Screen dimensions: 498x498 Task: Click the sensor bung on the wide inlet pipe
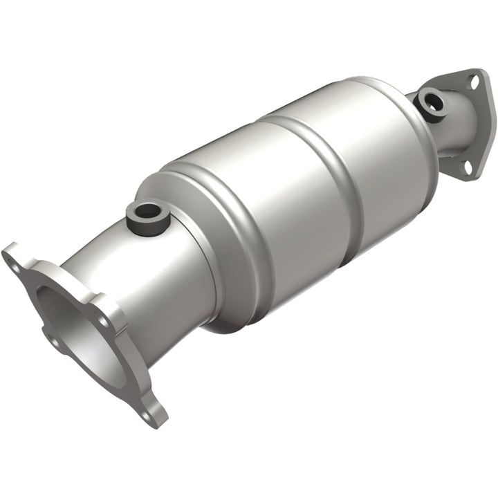147,216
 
